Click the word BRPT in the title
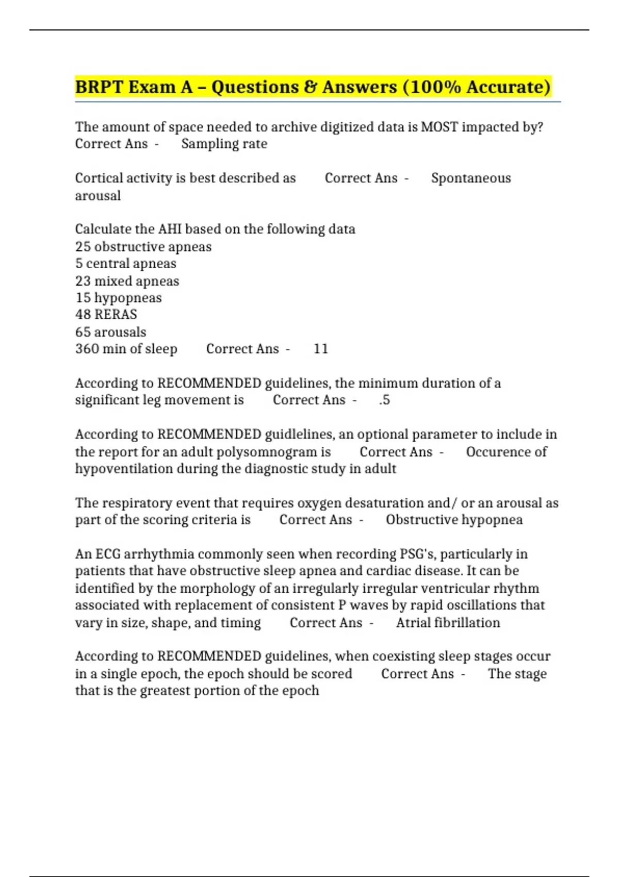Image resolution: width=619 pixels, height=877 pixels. [99, 87]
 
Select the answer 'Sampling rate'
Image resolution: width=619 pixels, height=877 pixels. [224, 143]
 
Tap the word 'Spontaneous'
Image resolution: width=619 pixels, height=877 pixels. [470, 178]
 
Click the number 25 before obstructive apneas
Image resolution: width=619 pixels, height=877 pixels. [83, 247]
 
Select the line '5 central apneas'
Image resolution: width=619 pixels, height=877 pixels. [125, 264]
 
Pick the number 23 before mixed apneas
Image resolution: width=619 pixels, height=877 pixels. [83, 281]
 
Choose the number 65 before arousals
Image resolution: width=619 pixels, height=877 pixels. [83, 332]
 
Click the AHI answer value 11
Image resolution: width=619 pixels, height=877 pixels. [320, 349]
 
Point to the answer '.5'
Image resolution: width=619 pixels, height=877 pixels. [384, 400]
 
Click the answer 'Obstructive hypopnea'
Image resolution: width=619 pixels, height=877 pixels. [454, 520]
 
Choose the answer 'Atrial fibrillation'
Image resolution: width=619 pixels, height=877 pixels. [448, 623]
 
